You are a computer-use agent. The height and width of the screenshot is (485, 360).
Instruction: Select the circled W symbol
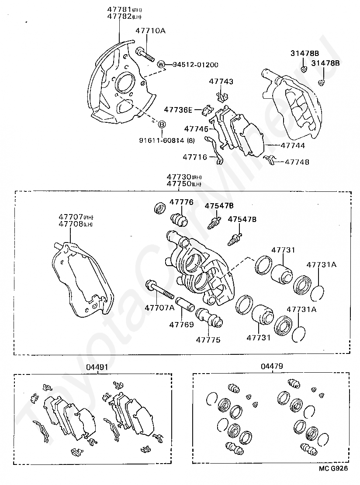[161, 65]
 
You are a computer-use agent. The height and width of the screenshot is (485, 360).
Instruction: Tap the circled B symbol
[161, 125]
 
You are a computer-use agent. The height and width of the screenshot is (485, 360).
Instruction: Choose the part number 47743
[221, 82]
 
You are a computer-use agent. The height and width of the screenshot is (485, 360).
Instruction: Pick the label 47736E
[178, 110]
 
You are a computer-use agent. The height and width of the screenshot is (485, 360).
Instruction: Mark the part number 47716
[195, 157]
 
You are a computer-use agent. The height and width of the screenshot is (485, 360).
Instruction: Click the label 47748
[297, 162]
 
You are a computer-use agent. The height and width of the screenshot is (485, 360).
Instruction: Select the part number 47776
[181, 202]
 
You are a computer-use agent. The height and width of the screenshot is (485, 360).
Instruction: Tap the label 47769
[181, 325]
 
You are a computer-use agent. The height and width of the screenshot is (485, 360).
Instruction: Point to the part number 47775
[208, 339]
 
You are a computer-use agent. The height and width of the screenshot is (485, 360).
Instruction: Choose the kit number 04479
[272, 367]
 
